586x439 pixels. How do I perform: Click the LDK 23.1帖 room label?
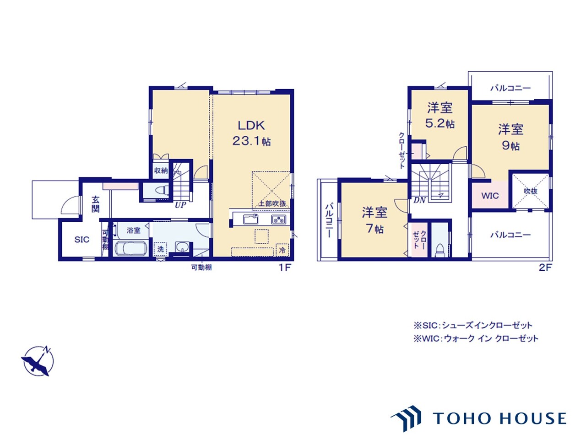click(x=251, y=133)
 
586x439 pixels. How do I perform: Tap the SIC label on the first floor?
click(x=81, y=240)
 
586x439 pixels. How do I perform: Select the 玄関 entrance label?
click(x=96, y=204)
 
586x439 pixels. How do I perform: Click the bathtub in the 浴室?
click(x=131, y=248)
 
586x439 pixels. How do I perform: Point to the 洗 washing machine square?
click(x=160, y=249)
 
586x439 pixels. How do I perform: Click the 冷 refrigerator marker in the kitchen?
click(x=282, y=250)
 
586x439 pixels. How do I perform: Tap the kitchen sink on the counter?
click(x=251, y=219)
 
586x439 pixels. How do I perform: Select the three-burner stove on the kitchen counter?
click(x=279, y=219)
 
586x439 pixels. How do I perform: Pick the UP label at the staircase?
click(x=180, y=205)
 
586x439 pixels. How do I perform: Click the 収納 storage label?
click(x=161, y=170)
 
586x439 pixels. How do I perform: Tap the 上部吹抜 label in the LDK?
click(x=272, y=203)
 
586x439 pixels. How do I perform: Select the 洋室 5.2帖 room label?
click(x=439, y=115)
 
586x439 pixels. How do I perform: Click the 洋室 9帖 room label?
click(x=511, y=137)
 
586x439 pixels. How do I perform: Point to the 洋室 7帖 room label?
click(x=374, y=220)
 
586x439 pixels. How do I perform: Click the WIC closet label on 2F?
click(x=490, y=196)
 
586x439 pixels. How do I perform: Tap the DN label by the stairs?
click(x=419, y=200)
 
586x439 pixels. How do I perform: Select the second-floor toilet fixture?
click(x=439, y=250)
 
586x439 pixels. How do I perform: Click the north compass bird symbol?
click(x=38, y=361)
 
